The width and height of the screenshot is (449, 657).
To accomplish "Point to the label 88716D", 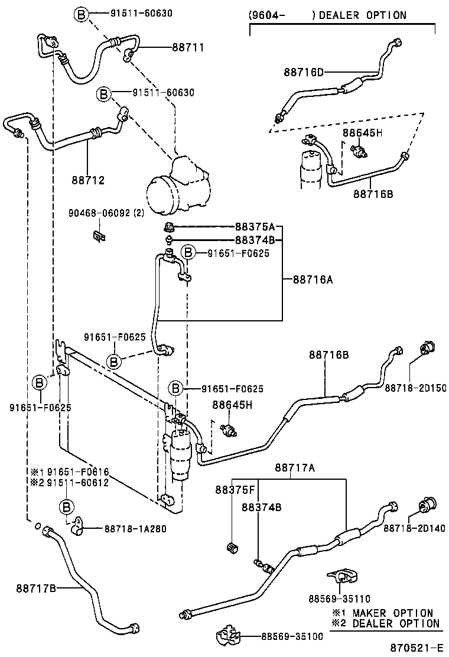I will pos(304,72).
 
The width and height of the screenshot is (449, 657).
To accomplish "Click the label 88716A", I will pos(313,279).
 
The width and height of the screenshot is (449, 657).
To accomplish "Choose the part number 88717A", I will pos(294,468).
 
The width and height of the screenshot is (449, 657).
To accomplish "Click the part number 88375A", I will pos(255,227).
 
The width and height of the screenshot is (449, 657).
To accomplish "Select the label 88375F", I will pos(235,490).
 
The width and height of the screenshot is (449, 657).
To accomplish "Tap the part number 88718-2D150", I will pos(415,388).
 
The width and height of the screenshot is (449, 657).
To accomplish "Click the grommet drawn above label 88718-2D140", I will pos(427,506).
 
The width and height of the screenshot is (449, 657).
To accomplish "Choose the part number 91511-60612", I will pos(78,483).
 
